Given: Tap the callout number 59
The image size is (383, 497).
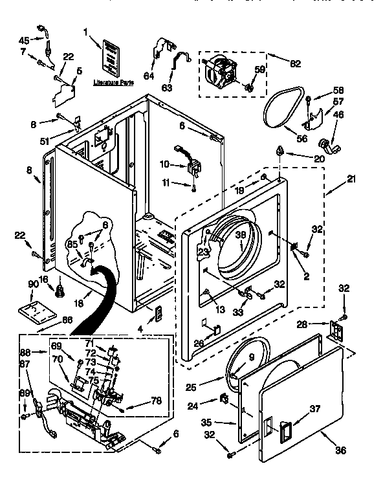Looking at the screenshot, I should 260,69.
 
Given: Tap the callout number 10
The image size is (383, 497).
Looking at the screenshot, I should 164,164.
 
